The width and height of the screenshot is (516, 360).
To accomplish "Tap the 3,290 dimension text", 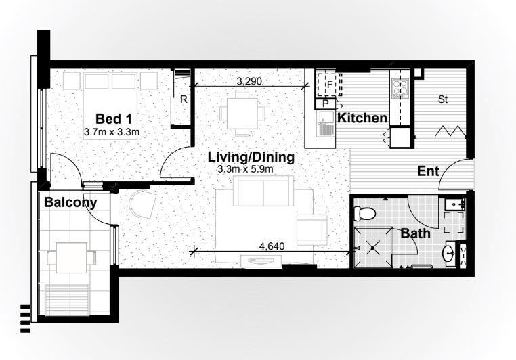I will click(249, 81).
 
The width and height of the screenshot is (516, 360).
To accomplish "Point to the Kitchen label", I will click(362, 118).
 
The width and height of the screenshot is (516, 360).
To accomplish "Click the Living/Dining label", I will click(251, 157).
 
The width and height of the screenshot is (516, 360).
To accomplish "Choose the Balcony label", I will click(70, 202).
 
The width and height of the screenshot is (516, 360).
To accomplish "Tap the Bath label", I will click(414, 233).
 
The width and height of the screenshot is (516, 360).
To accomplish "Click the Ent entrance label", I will click(428, 171).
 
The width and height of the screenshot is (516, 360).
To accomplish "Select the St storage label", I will click(444, 100).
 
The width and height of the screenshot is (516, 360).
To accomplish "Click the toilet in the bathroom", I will click(366, 213).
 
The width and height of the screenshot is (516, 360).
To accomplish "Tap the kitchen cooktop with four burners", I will click(400, 87).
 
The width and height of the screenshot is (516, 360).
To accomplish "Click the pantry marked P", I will click(326, 104).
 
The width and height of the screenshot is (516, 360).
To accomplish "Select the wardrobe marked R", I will click(183, 99).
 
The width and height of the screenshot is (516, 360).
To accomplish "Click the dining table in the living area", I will click(242, 112).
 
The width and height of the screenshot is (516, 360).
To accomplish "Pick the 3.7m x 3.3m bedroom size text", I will click(112, 132).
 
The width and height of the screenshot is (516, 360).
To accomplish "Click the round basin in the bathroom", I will click(449, 254).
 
